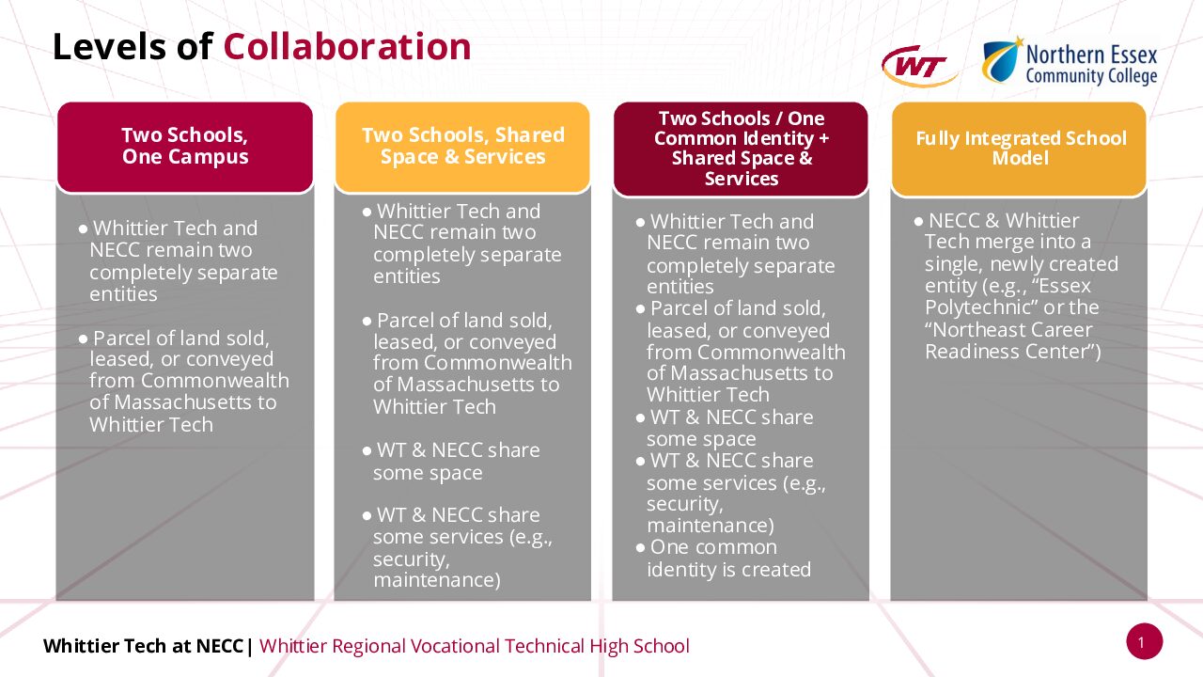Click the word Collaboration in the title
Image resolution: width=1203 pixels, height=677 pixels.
[x=347, y=47]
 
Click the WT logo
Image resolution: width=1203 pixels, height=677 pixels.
[x=920, y=67]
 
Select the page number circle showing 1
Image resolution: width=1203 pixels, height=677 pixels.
[x=1145, y=641]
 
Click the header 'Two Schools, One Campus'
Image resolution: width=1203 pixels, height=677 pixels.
[x=185, y=146]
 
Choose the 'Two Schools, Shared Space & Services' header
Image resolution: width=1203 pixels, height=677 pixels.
[x=462, y=146]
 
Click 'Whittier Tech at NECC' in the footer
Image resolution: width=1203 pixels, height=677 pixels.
[x=144, y=645]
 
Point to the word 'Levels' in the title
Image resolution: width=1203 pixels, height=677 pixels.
[x=110, y=47]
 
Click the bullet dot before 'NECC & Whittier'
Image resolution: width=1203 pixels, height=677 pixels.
[x=918, y=221]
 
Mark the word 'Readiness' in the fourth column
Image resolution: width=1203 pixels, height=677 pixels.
[x=972, y=352]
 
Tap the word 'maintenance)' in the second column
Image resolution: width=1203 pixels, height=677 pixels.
[x=437, y=580]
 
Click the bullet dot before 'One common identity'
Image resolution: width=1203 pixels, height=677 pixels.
[x=640, y=548]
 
